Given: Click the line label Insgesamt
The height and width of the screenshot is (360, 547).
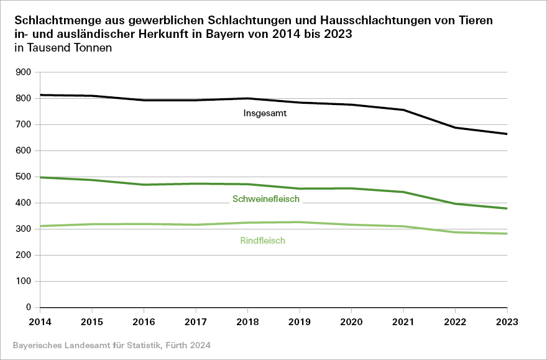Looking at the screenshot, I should coord(265,114).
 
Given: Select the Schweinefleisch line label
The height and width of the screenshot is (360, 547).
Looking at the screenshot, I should coord(266,200).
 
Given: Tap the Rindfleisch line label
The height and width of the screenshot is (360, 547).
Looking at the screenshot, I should coord(262,241).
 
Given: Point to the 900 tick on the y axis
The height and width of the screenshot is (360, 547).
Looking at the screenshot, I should coord(24,72).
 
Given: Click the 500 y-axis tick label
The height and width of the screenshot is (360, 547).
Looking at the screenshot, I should coord(24,177).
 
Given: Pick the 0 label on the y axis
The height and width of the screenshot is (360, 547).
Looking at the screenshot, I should coord(28,307).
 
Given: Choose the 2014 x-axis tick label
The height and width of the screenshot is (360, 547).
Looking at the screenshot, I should coord(40,322).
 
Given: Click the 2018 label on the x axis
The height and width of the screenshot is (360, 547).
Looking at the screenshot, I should coord(247,322).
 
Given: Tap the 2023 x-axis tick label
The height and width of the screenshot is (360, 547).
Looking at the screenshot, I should coord(507,322).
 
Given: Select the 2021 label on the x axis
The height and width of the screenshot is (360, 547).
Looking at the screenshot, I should coord(403,322).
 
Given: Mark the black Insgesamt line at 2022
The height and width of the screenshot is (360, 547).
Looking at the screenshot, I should coord(455,127).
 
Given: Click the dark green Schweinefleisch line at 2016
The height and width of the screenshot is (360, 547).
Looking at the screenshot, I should coord(144,185).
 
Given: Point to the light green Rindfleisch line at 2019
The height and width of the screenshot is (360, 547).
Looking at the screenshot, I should coord(300,222).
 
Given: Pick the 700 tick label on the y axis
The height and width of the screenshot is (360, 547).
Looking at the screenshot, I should coord(24,124).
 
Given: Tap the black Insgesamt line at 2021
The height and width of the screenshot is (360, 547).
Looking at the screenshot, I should coord(403,110).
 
